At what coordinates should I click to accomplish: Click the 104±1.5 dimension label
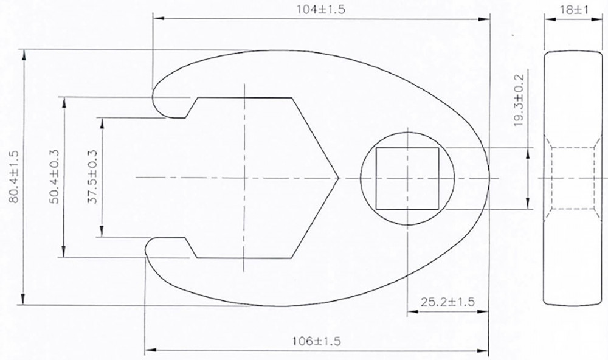point(320,10)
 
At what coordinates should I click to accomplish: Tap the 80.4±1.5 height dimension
point(14,177)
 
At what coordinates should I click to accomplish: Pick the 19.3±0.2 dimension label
point(519,100)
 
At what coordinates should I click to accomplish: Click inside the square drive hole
point(407,178)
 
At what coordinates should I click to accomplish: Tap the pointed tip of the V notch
point(338,178)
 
